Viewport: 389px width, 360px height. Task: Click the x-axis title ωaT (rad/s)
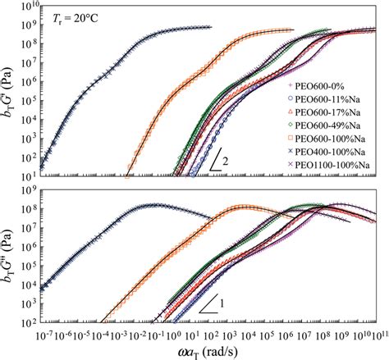[x=210, y=351]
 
